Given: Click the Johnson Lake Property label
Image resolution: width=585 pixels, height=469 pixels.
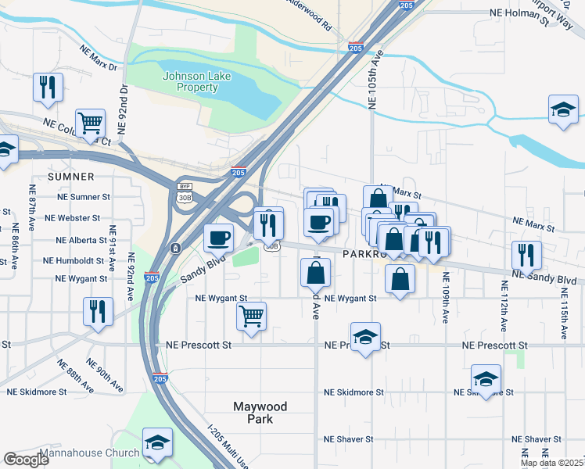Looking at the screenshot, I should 190,81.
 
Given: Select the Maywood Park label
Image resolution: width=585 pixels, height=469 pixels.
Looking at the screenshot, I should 260,413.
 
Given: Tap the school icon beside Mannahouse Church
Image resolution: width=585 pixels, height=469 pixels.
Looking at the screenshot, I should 157,442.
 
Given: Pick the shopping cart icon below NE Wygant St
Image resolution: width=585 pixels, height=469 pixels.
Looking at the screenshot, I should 251,317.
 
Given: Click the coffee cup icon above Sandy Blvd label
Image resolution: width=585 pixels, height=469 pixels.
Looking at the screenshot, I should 219,236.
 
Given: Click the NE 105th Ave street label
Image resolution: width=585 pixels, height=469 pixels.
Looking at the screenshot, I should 376,79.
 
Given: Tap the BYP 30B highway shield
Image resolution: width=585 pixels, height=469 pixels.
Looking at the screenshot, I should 185,193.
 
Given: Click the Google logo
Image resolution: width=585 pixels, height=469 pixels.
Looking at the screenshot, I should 27,460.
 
